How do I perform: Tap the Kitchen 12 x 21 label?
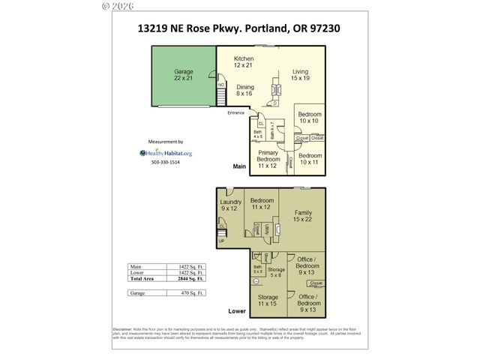244,62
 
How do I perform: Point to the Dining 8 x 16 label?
244,90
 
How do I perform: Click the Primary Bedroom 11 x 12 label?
268,163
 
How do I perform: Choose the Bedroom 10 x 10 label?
308,117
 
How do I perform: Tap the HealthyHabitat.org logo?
166,152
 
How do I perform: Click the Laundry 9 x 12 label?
231,205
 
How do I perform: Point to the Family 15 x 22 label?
303,216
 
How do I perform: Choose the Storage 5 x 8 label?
276,273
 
